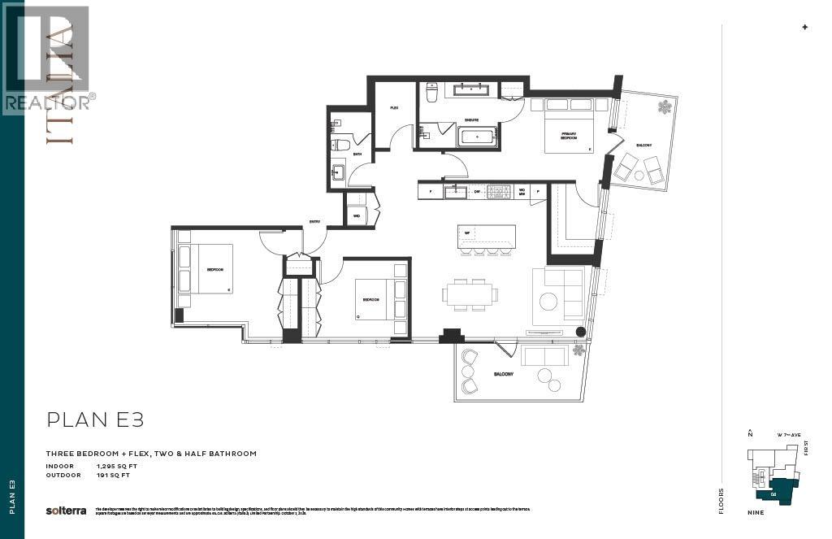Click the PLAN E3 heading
96,419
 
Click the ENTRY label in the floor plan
314,221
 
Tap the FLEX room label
394,107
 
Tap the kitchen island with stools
486,237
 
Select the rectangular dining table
470,293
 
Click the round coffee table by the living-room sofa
548,302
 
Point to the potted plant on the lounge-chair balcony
665,106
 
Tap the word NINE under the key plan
757,512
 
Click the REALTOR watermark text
49,102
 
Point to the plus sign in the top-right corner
805,27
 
